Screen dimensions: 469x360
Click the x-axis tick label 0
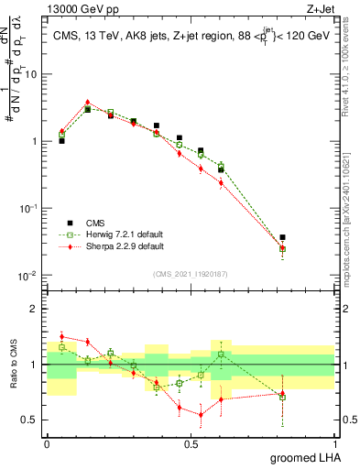tap(47, 442)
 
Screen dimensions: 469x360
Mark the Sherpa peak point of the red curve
tap(87, 103)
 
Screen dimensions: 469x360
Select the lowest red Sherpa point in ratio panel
tap(201, 414)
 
